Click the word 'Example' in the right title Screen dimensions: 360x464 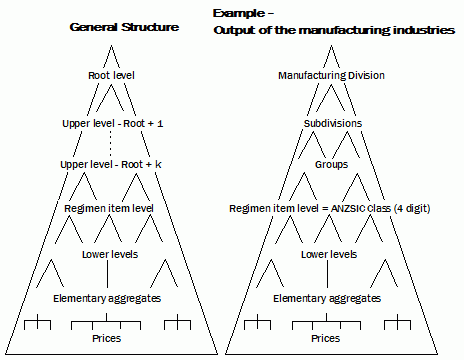tap(238, 14)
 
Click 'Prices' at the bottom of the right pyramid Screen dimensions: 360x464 tap(325, 338)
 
